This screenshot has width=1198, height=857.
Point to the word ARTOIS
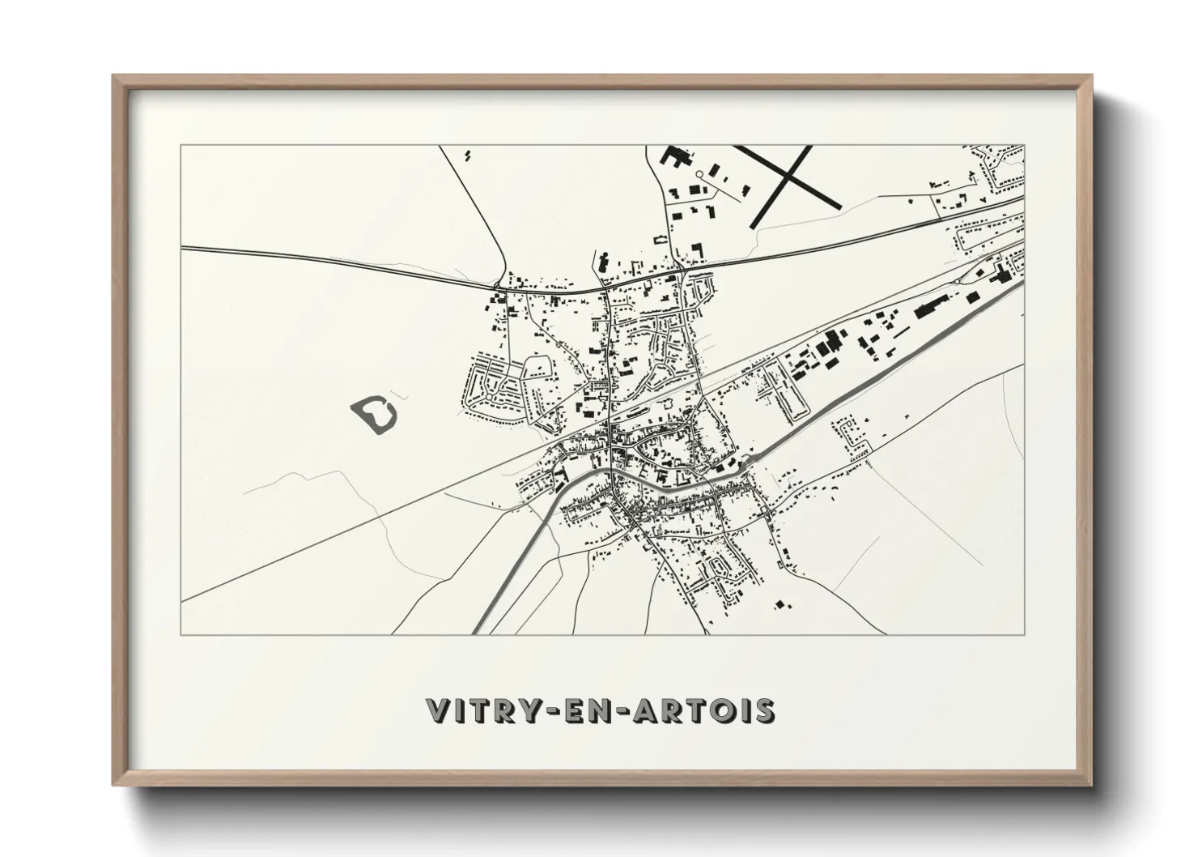pos(707,710)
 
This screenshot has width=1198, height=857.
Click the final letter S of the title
pos(765,710)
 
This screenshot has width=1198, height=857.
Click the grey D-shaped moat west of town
pos(375,415)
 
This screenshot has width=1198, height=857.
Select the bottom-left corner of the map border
pos(181,634)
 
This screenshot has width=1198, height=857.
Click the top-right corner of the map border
pos(1025,145)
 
